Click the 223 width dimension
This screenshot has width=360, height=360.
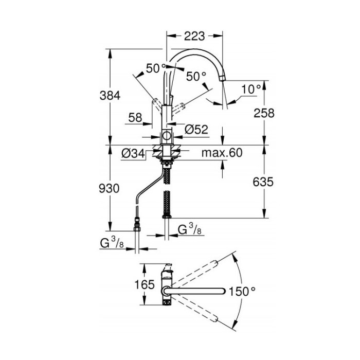[194, 36]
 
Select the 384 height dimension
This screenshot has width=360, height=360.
[110, 96]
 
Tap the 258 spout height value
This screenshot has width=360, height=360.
[264, 113]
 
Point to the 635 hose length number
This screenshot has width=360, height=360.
[263, 182]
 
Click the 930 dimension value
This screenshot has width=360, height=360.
[109, 189]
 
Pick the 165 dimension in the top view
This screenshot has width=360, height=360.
[145, 285]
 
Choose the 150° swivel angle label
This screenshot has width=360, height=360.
[242, 292]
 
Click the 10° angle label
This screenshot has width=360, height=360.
[251, 89]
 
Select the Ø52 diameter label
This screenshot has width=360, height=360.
[196, 130]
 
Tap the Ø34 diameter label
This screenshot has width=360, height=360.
[133, 154]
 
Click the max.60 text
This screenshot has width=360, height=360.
[222, 153]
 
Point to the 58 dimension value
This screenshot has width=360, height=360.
[135, 118]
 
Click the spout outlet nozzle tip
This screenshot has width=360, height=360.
[222, 78]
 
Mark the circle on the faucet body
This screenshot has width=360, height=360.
[167, 136]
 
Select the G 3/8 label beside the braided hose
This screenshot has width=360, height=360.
[190, 229]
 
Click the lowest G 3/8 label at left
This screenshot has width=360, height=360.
[112, 243]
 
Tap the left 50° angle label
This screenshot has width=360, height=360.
[156, 68]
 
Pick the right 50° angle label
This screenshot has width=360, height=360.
[196, 76]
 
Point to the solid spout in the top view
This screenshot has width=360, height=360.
[195, 291]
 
